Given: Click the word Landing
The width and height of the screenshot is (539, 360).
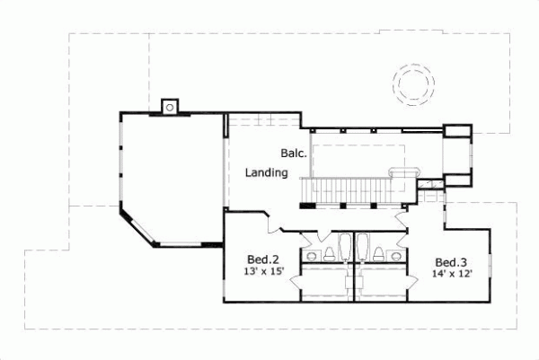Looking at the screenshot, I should click(x=267, y=173).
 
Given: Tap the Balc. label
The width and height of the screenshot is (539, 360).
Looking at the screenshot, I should click(x=292, y=153).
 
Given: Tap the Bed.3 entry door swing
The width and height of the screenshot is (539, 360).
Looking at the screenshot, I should click(x=402, y=220).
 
